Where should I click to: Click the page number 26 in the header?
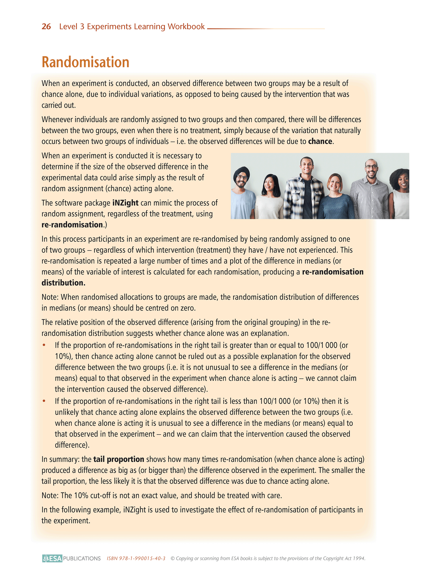tap(46, 27)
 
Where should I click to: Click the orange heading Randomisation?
tap(85, 62)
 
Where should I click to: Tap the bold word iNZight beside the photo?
tap(125, 203)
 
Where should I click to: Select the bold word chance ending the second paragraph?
tap(320, 141)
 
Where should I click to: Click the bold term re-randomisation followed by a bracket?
tap(72, 225)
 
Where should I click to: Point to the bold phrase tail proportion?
tap(119, 459)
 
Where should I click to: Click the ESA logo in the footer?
tap(52, 558)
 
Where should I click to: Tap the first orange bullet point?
tap(44, 345)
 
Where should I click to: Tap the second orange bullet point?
tap(44, 401)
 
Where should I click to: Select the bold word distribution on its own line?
tap(63, 283)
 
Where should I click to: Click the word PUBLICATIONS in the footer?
tap(82, 558)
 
